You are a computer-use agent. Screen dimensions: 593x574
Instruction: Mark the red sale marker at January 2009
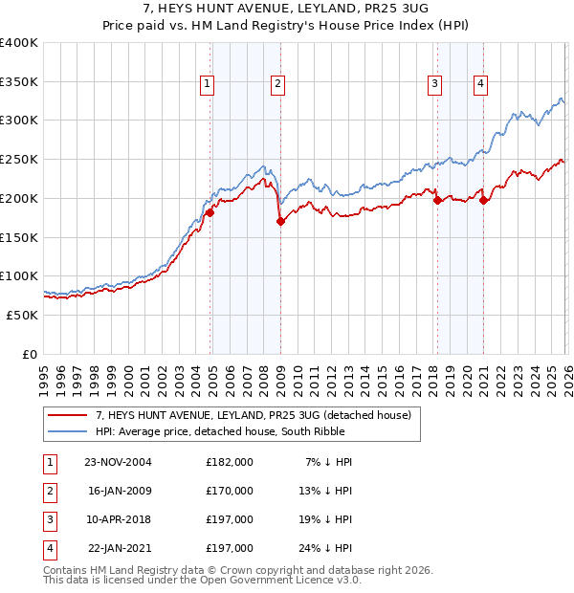(x=280, y=222)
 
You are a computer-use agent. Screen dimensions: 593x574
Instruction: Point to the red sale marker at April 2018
(x=437, y=201)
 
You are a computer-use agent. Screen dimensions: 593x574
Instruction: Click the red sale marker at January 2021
(x=484, y=200)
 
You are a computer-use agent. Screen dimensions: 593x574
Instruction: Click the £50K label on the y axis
(x=23, y=315)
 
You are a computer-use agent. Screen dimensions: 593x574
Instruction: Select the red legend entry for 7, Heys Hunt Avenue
(x=254, y=415)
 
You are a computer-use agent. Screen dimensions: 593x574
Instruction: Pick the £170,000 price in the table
(x=230, y=491)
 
